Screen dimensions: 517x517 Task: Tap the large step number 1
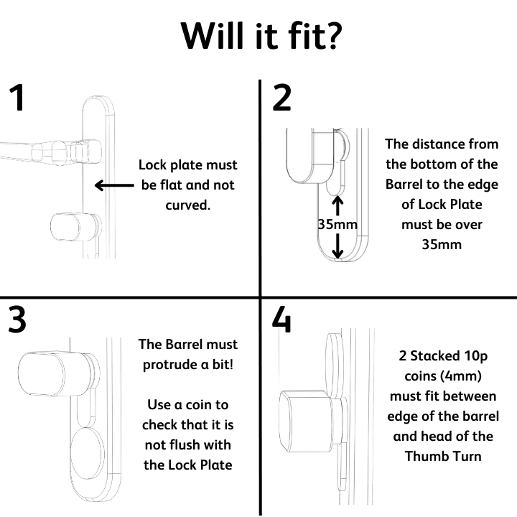point(17,97)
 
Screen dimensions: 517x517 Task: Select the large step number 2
point(282,97)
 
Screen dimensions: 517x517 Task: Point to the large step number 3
point(17,319)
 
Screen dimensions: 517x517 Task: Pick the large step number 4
point(282,319)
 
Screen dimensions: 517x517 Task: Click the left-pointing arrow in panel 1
point(114,185)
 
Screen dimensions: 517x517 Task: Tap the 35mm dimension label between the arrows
point(337,225)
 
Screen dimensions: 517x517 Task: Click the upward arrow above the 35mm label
point(337,206)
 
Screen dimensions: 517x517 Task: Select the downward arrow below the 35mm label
point(337,246)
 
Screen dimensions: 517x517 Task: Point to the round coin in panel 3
point(88,454)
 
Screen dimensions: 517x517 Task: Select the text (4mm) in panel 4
point(461,376)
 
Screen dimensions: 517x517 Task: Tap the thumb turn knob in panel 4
point(305,421)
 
